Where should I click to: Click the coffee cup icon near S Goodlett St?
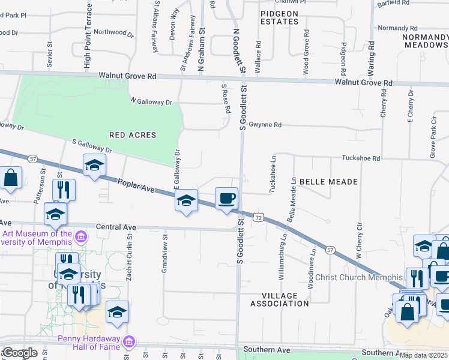pos(226,198)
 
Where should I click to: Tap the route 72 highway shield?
pos(258,217)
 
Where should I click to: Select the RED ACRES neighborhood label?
pos(133,135)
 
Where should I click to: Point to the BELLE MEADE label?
pos(328,181)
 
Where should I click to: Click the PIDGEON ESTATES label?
pos(279,17)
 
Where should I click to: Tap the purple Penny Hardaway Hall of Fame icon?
pos(127,343)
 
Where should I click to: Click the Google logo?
pos(19,353)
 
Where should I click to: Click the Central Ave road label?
pos(116,227)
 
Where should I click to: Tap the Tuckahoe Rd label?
pos(361,158)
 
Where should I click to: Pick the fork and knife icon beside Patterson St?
pos(64,190)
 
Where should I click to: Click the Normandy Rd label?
pos(397,28)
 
